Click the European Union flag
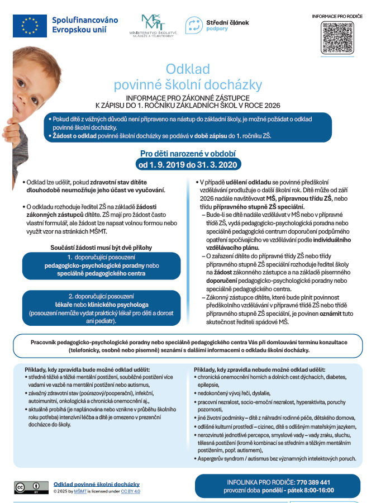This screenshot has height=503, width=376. (x=30, y=25)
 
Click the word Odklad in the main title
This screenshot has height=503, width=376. (x=188, y=69)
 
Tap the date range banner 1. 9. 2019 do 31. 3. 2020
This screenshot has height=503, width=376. (x=188, y=164)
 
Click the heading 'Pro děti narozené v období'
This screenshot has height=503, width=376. (x=188, y=153)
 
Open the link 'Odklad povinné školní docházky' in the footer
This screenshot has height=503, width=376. (x=97, y=484)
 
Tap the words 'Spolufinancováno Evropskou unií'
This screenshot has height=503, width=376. (x=85, y=25)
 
